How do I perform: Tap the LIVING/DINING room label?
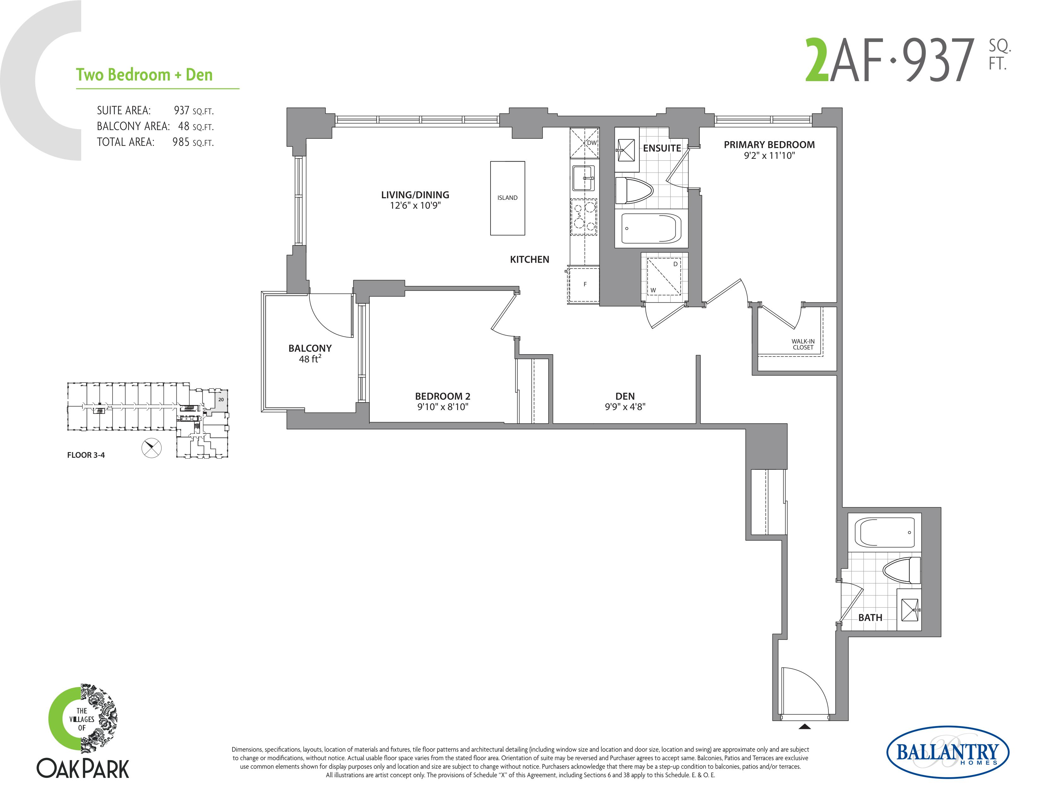pyautogui.click(x=415, y=194)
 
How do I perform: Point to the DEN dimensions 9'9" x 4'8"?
pyautogui.click(x=625, y=407)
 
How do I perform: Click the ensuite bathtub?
pyautogui.click(x=651, y=229)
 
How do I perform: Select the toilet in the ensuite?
pyautogui.click(x=633, y=191)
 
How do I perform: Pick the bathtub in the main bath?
pyautogui.click(x=885, y=532)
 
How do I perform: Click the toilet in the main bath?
pyautogui.click(x=901, y=570)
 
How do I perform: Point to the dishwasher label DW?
pyautogui.click(x=591, y=143)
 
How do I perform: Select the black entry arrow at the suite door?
pyautogui.click(x=805, y=727)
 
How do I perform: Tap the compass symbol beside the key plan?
pyautogui.click(x=151, y=448)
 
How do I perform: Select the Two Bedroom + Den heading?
pyautogui.click(x=144, y=75)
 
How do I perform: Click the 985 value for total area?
pyautogui.click(x=181, y=142)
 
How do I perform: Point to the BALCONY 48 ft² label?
pyautogui.click(x=310, y=353)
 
